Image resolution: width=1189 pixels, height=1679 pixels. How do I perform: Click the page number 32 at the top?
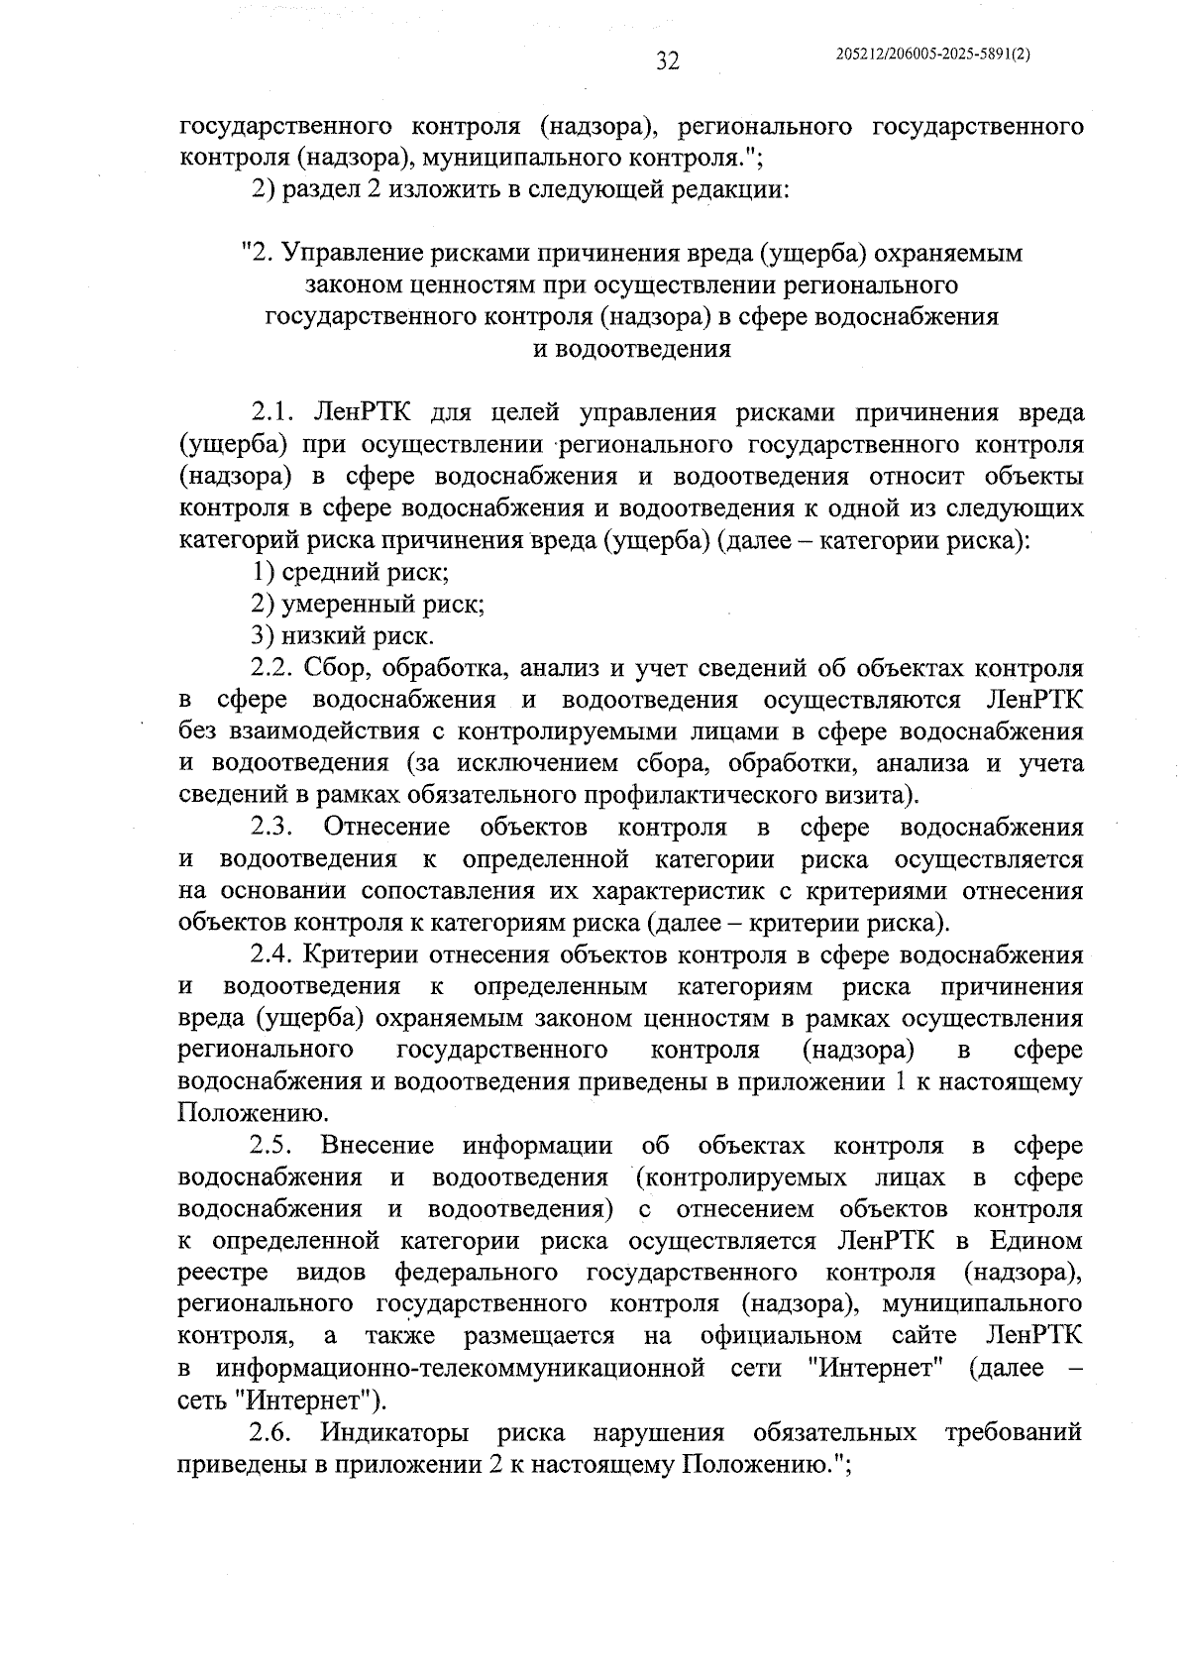[x=667, y=61]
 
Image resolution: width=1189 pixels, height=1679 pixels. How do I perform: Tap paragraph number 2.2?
[x=271, y=668]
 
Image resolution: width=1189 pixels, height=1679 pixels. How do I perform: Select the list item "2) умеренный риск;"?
[x=367, y=604]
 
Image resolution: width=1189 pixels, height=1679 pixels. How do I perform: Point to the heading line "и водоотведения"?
[x=631, y=349]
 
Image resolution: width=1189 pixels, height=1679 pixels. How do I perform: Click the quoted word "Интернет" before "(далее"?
[x=874, y=1369]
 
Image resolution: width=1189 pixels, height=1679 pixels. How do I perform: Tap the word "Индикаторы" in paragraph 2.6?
[x=394, y=1433]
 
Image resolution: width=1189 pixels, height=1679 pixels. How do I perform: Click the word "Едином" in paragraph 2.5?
[x=1039, y=1242]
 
